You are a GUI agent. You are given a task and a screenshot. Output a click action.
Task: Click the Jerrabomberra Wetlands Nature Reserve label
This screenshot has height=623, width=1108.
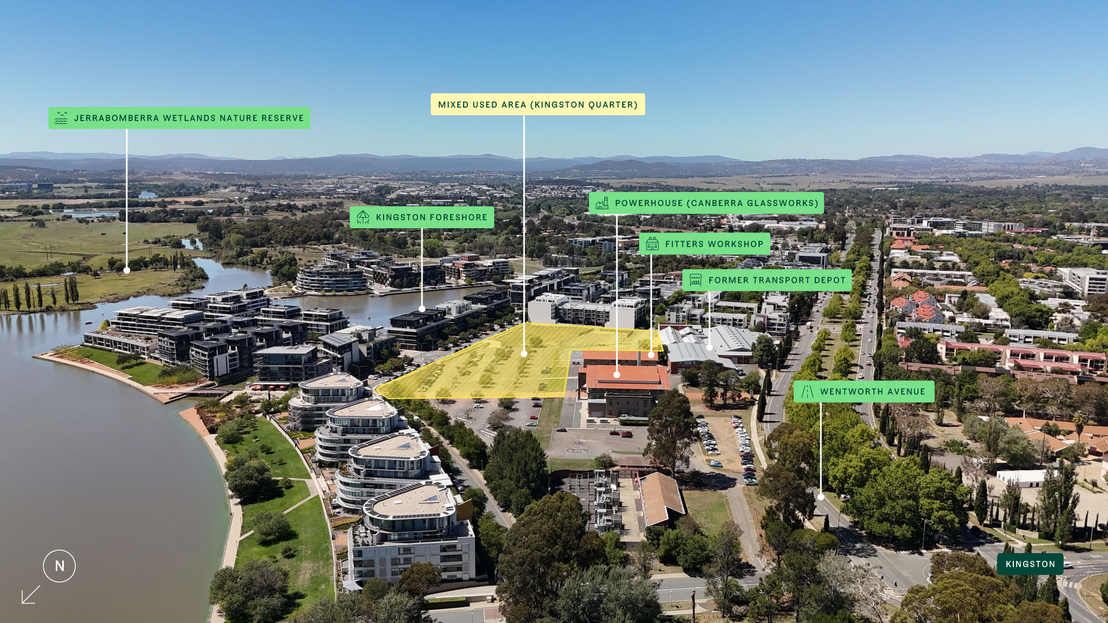(x=179, y=118)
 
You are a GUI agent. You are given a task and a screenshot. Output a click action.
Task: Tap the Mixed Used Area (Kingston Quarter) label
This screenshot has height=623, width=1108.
(x=538, y=104)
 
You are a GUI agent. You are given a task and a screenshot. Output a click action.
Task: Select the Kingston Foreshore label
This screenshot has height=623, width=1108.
(x=422, y=217)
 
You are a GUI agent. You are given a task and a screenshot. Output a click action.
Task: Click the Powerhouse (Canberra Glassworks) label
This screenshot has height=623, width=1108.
(x=706, y=203)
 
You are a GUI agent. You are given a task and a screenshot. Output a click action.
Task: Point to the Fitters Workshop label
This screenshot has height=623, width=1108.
(x=705, y=244)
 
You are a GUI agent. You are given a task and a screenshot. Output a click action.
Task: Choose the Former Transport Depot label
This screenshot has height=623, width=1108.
(x=767, y=280)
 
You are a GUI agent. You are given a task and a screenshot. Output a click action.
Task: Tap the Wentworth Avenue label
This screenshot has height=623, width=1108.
(x=864, y=392)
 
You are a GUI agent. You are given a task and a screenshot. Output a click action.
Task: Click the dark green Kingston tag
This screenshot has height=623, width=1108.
(x=1030, y=564)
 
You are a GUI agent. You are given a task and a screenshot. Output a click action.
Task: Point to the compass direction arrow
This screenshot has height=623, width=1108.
(x=31, y=594)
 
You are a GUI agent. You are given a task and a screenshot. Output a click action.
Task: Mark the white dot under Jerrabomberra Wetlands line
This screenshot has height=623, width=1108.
(x=127, y=270)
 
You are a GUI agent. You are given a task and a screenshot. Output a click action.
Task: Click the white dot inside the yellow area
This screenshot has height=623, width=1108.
(x=524, y=354)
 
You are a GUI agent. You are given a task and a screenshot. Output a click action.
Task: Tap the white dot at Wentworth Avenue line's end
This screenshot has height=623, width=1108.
(x=821, y=496)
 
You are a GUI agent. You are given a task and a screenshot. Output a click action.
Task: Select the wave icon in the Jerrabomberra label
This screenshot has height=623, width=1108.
(x=61, y=118)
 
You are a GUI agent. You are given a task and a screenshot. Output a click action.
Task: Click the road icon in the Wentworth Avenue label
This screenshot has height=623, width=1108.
(x=807, y=392)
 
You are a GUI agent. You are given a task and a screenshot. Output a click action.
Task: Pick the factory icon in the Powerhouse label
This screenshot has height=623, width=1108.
(x=602, y=203)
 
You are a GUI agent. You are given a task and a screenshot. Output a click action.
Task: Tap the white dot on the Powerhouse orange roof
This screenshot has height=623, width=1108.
(x=617, y=374)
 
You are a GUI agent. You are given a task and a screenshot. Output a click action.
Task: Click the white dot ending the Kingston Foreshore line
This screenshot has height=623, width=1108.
(x=422, y=309)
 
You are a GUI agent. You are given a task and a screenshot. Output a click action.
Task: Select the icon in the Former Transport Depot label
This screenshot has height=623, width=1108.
(x=696, y=280)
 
